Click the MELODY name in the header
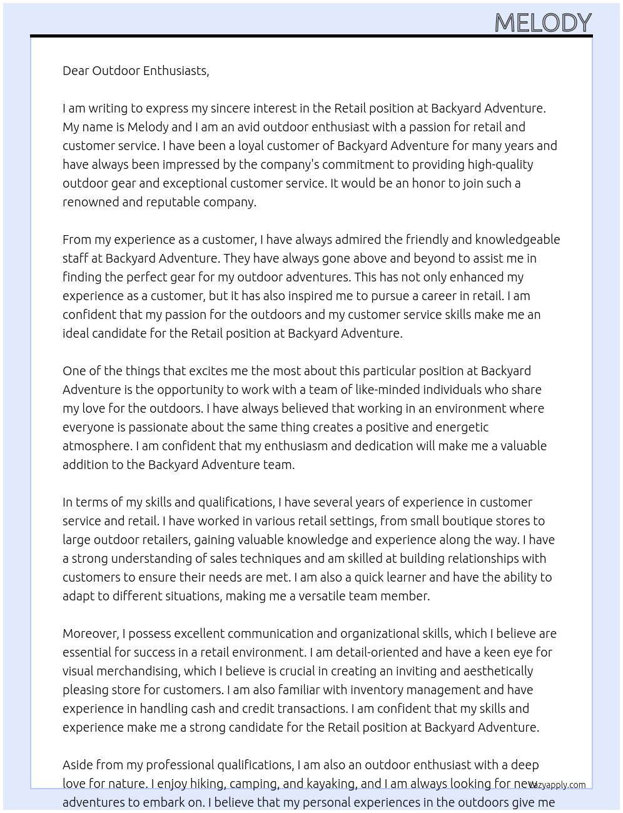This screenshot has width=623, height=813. tap(542, 23)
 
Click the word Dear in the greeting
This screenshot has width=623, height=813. tap(76, 71)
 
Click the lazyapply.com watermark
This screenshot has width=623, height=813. tap(558, 785)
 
